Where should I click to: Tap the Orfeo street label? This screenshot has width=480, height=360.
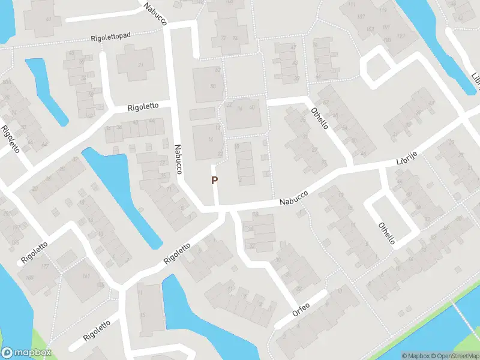[x=301, y=307]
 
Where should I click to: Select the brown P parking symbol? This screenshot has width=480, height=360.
[x=214, y=180]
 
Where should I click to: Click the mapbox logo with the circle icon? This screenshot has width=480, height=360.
[x=26, y=353]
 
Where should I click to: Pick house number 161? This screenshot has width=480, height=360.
[x=86, y=277]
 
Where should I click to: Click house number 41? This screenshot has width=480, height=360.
[x=41, y=19]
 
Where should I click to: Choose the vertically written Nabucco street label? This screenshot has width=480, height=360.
[x=178, y=160]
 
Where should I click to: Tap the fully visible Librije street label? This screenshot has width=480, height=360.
[x=406, y=160]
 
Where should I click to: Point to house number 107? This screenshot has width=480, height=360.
[x=361, y=16]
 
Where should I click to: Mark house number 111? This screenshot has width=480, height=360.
[x=352, y=5]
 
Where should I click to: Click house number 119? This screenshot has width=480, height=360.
[x=383, y=10]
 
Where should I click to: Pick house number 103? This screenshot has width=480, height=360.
[x=370, y=29]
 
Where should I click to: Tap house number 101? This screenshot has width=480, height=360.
[x=385, y=28]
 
